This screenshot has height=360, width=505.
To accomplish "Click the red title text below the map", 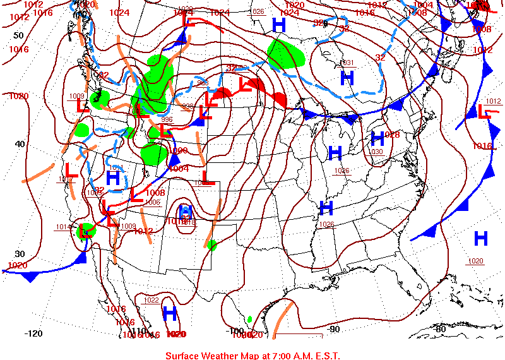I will tap(252, 355).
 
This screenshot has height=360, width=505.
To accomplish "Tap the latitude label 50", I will tap(18, 35).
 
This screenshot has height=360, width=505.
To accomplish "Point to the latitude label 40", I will tap(20, 144).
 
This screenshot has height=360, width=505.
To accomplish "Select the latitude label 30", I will tap(20, 253).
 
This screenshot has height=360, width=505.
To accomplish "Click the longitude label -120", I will tap(33, 333).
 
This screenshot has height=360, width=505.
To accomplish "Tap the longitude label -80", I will tap(440, 328).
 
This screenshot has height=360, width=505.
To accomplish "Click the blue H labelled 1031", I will tap(347, 78).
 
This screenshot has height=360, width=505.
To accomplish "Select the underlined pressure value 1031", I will tap(347, 63).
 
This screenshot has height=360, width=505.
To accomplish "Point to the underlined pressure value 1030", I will tap(376, 152).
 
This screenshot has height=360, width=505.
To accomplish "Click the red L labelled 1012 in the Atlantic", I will tap(484, 112).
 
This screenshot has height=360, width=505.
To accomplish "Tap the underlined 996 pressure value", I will tap(167, 119).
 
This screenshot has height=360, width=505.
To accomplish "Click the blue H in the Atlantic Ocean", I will tap(481, 238).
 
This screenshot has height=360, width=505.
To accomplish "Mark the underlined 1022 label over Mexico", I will tap(151, 300).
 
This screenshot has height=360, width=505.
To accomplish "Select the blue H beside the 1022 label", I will tap(169, 313).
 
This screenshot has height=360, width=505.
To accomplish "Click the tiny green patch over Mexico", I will tap(250, 319).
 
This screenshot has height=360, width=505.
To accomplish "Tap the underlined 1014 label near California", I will tap(63, 227).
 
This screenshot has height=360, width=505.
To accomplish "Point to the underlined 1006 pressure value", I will tap(152, 202).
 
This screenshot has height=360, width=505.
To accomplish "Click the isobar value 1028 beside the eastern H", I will tap(392, 135).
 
